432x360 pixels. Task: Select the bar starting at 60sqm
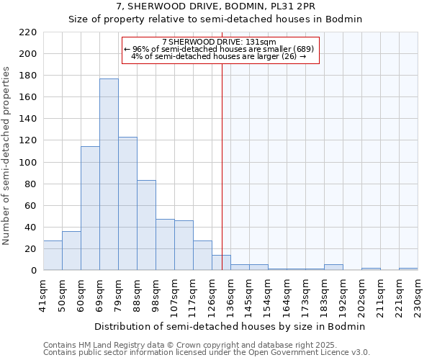90,208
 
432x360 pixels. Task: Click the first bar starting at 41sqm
53,256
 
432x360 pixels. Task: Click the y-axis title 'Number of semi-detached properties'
7,156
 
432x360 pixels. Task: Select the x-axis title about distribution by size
230,326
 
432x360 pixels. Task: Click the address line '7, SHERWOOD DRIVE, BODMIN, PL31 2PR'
216,6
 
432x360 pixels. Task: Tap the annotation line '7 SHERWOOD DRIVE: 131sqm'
220,42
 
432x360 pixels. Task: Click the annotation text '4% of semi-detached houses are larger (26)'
220,56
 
